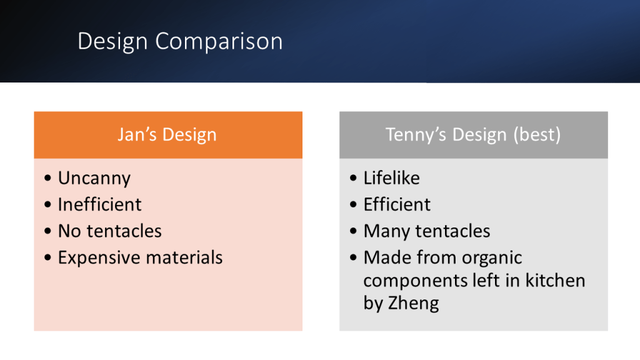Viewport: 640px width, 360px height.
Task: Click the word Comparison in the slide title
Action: tap(219, 42)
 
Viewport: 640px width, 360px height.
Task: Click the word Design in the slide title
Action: tap(112, 42)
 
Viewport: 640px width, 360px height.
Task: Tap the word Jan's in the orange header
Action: tap(137, 134)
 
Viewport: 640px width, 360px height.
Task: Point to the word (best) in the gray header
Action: tap(537, 135)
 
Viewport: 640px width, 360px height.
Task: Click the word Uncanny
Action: tap(94, 179)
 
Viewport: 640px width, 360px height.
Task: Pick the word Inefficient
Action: tap(99, 204)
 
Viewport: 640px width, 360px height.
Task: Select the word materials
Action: tap(184, 257)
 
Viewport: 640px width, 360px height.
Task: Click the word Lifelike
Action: tap(391, 178)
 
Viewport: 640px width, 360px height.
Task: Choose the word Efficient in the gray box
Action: tap(397, 204)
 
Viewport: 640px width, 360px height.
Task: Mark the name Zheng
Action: tap(413, 304)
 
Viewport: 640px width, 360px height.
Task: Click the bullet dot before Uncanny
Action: tap(47, 178)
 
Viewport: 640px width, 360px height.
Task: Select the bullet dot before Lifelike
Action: tap(354, 178)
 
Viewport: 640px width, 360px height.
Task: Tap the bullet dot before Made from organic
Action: tap(354, 257)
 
